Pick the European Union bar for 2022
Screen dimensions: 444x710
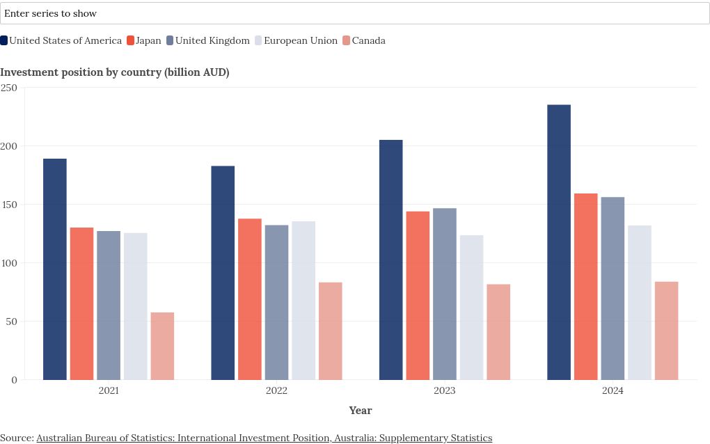click(x=303, y=301)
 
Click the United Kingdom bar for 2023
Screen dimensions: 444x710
click(x=445, y=294)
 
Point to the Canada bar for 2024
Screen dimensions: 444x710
click(x=667, y=331)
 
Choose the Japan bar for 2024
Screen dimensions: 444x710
click(x=586, y=287)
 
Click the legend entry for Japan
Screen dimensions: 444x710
click(x=144, y=40)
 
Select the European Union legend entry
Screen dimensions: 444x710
click(x=297, y=40)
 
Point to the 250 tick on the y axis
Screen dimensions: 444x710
click(x=8, y=88)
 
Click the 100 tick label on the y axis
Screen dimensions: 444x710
click(x=8, y=263)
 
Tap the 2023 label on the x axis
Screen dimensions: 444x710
click(x=445, y=390)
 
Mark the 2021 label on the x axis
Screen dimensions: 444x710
click(x=109, y=390)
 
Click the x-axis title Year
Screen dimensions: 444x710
click(x=361, y=411)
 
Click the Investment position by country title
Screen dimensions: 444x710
click(x=115, y=72)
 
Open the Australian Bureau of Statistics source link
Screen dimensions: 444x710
click(x=264, y=438)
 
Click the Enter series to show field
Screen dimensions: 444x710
click(x=354, y=13)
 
